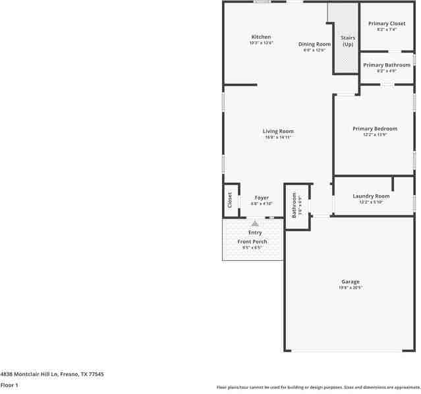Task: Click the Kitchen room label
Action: (261, 37)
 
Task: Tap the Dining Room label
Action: (314, 44)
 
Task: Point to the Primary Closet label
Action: (387, 24)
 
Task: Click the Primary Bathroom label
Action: (387, 65)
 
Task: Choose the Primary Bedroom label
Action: (374, 128)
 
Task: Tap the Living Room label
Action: (278, 131)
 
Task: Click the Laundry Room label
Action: (371, 196)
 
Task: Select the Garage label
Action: (351, 281)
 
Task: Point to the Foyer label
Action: (262, 198)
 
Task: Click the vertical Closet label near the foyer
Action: (230, 199)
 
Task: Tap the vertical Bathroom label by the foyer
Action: (295, 204)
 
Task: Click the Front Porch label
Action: (252, 242)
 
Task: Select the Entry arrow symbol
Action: (255, 223)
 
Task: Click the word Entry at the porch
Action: (255, 233)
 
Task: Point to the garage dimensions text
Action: (351, 287)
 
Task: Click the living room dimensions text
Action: (278, 137)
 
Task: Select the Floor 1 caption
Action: (9, 385)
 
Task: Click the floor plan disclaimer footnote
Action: (318, 387)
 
